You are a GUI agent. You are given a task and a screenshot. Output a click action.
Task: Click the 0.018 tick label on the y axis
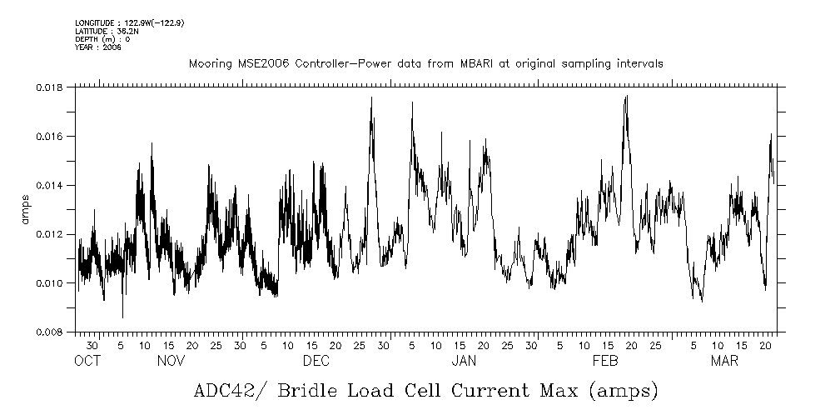pyautogui.click(x=52, y=87)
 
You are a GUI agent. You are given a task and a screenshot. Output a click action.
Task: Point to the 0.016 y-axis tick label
pyautogui.click(x=52, y=137)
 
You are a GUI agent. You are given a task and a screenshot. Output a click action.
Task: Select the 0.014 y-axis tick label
pyautogui.click(x=52, y=185)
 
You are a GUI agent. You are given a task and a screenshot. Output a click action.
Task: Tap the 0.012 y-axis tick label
pyautogui.click(x=52, y=234)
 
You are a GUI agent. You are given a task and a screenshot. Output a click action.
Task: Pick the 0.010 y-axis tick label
pyautogui.click(x=52, y=283)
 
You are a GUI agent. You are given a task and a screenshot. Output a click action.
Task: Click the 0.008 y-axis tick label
pyautogui.click(x=52, y=332)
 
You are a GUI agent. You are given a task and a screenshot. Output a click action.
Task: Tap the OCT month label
pyautogui.click(x=87, y=361)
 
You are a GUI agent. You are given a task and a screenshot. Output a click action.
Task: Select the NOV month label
pyautogui.click(x=171, y=361)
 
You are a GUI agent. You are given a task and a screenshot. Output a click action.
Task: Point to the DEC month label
pyautogui.click(x=316, y=361)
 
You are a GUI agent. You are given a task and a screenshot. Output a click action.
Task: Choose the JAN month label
pyautogui.click(x=464, y=361)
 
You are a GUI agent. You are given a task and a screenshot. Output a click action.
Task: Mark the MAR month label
pyautogui.click(x=723, y=361)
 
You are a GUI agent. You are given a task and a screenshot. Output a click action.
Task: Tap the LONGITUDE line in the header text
pyautogui.click(x=129, y=23)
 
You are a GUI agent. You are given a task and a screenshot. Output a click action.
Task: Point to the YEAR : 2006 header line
pyautogui.click(x=98, y=48)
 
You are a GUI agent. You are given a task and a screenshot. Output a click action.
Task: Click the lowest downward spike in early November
pyautogui.click(x=122, y=317)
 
